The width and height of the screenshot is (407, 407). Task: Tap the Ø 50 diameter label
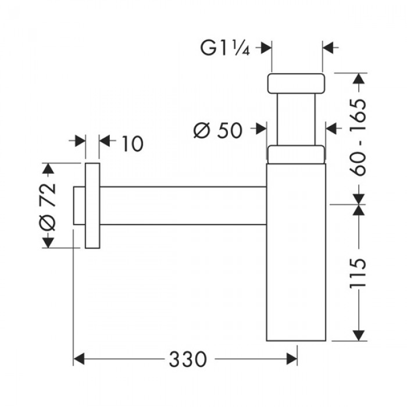coord(218,130)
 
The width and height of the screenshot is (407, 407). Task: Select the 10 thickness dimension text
coord(132,143)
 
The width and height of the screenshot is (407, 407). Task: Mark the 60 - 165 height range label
coord(359,137)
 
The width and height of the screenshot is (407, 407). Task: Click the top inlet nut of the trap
coord(295,83)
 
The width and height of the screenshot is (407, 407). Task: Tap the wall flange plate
coord(92,206)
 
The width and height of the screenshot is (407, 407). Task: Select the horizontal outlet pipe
coord(183,205)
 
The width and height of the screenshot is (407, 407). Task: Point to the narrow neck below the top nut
coord(297,119)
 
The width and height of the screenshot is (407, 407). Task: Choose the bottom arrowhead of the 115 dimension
coord(359,335)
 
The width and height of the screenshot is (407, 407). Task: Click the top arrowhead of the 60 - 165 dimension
coord(359,78)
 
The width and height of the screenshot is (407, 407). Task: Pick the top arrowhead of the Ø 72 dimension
coord(48,169)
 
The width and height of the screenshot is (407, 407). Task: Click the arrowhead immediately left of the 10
coord(80,141)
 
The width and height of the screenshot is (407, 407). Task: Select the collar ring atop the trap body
coord(295,155)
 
